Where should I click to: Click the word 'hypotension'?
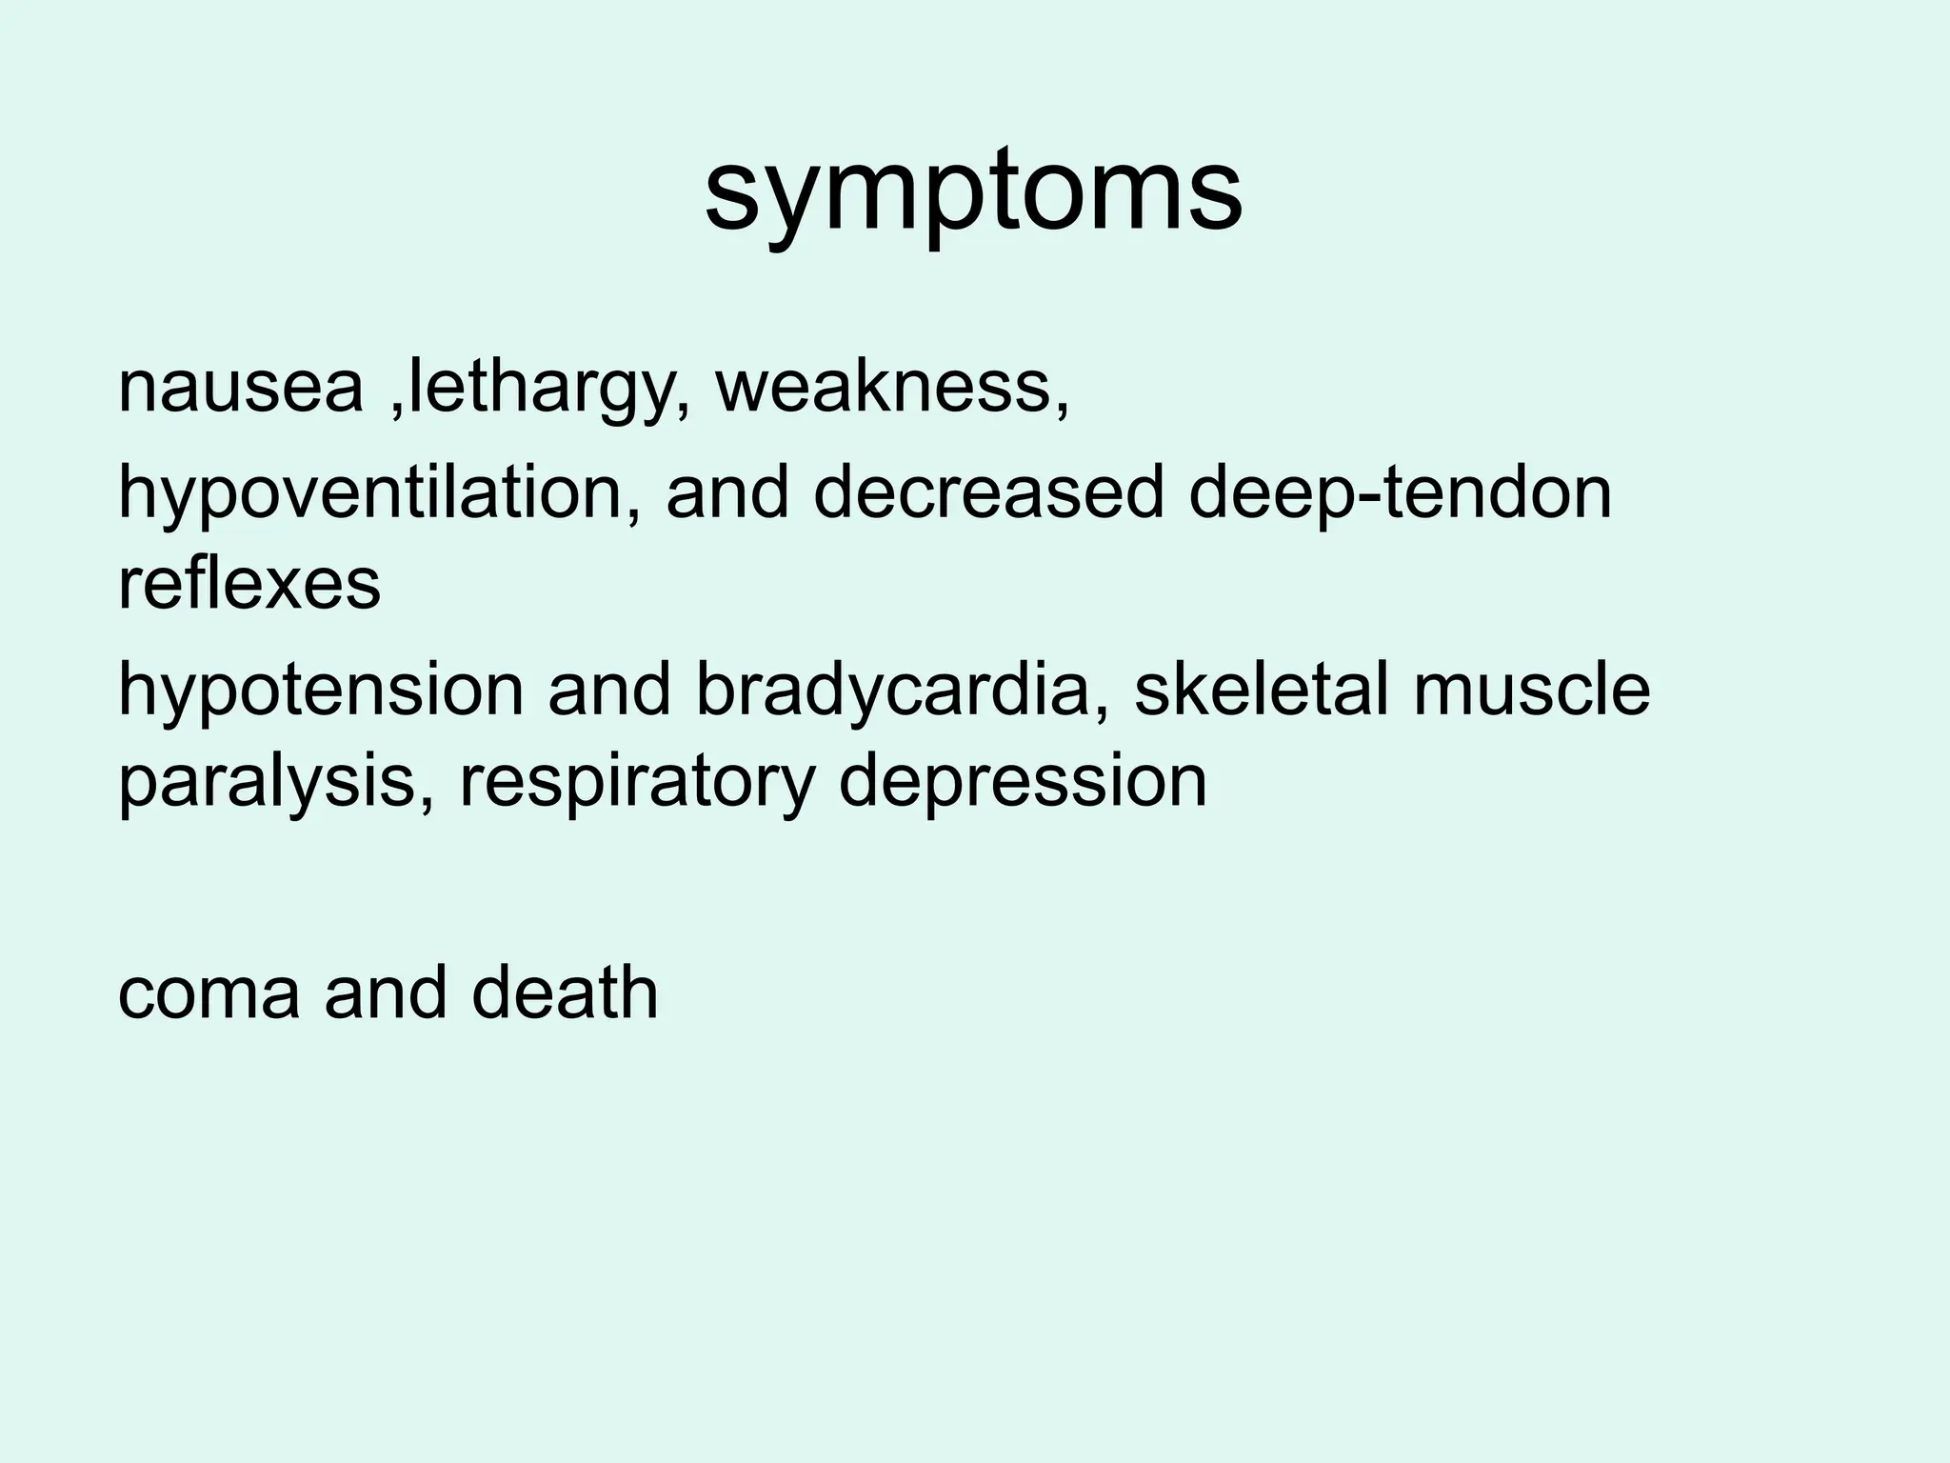pos(320,691)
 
